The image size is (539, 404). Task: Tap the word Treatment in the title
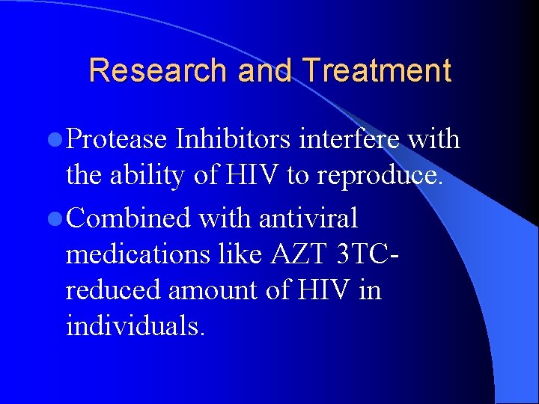tap(377, 71)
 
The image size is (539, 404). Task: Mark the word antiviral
tap(308, 219)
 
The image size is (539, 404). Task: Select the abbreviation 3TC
tap(362, 255)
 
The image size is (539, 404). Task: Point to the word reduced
tap(113, 290)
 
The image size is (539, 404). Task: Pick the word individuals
tap(135, 325)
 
